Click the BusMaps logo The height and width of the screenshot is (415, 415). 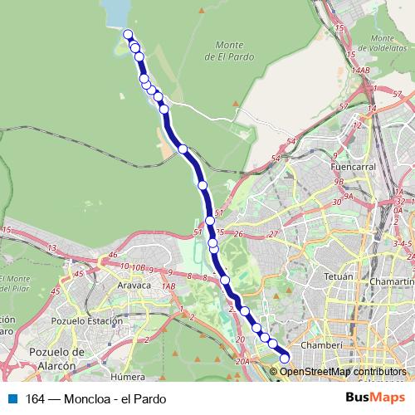376,398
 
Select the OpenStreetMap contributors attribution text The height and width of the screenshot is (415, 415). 342,371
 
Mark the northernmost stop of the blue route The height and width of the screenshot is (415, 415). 129,34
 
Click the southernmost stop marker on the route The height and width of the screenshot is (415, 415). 285,359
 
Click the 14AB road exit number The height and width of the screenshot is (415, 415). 359,71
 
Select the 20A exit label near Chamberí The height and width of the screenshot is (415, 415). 242,361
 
